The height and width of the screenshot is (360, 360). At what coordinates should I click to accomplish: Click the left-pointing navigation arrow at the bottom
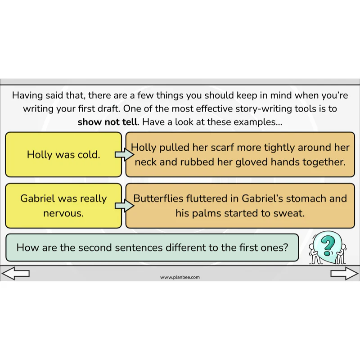pyautogui.click(x=15, y=273)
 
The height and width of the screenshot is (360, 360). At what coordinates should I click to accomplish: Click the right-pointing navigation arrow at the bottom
pyautogui.click(x=344, y=273)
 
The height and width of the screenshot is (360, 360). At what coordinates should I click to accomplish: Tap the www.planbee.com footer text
pyautogui.click(x=180, y=277)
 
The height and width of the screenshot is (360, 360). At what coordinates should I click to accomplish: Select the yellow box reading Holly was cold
pyautogui.click(x=63, y=154)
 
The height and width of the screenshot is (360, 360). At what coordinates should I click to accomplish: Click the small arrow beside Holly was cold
pyautogui.click(x=124, y=154)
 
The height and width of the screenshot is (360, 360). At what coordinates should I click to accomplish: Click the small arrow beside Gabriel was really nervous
pyautogui.click(x=124, y=206)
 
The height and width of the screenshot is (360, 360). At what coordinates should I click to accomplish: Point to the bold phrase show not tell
pyautogui.click(x=108, y=122)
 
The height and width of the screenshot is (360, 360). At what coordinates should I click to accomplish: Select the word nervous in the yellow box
pyautogui.click(x=63, y=213)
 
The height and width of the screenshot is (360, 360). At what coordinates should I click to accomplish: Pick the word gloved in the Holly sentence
pyautogui.click(x=252, y=162)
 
